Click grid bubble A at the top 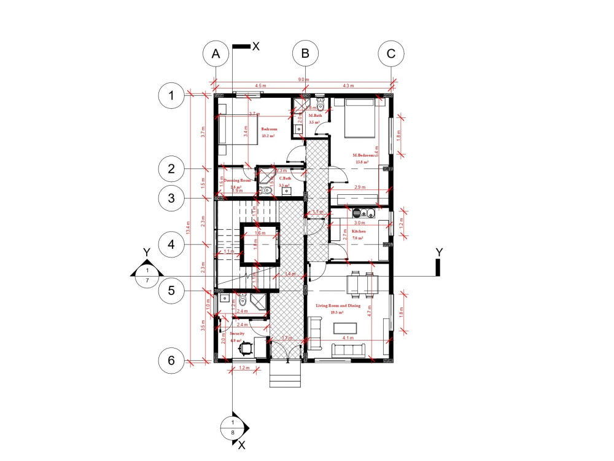click(x=216, y=53)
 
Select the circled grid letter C click(x=391, y=53)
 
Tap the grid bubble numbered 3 click(x=171, y=198)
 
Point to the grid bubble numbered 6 click(x=171, y=361)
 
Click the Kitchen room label click(x=359, y=232)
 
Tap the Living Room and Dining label click(x=338, y=305)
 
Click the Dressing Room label click(x=237, y=181)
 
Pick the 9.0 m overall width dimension click(x=303, y=80)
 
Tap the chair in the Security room click(x=246, y=348)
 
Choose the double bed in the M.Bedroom click(x=360, y=118)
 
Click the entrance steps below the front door click(x=286, y=375)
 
